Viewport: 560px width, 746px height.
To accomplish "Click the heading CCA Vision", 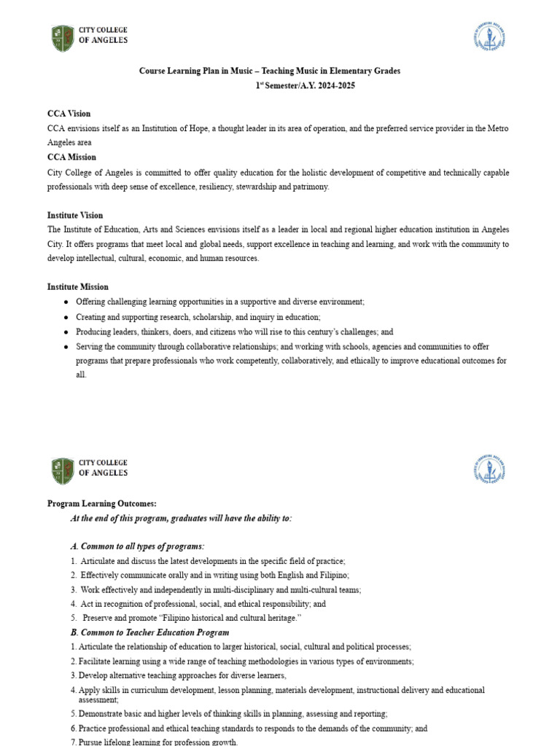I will [x=69, y=114].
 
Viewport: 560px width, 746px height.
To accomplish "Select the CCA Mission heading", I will [x=71, y=157].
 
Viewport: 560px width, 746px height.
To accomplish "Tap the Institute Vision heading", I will [x=75, y=215].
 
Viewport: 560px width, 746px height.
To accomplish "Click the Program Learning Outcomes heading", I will [x=101, y=503].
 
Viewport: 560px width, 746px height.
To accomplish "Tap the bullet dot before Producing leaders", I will [x=66, y=331].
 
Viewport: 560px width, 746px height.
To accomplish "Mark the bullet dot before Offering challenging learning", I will [x=66, y=302].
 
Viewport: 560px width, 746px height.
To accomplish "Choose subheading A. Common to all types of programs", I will [x=137, y=546].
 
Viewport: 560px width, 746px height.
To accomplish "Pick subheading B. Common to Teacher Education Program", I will [x=149, y=632].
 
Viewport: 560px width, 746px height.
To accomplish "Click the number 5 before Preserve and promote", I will [x=74, y=618].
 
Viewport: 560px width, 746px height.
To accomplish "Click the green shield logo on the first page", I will [x=63, y=38].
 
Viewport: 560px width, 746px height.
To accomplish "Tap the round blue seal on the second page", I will [x=489, y=470].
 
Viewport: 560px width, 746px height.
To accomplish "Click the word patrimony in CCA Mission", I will [x=310, y=186].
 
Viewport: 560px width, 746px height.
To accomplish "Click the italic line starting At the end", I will [x=181, y=518].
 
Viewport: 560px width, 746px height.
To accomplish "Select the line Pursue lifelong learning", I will [x=157, y=742].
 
